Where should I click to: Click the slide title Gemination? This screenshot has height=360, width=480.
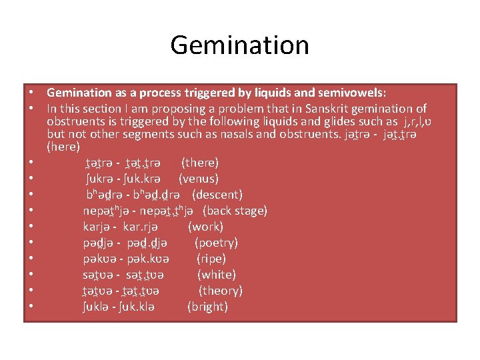[239, 45]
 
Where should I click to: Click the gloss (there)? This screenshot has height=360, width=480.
[200, 163]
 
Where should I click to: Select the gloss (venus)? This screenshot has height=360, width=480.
[199, 179]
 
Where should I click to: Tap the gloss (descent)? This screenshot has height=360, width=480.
[217, 195]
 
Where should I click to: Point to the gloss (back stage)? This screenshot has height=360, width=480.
[235, 211]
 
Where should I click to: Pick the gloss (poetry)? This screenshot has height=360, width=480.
[216, 243]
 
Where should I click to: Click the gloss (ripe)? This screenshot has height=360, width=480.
[211, 259]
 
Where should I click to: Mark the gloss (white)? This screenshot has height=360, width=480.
[217, 275]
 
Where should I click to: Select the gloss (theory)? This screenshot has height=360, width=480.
[221, 291]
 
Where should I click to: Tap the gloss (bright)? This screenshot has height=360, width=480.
[208, 307]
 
